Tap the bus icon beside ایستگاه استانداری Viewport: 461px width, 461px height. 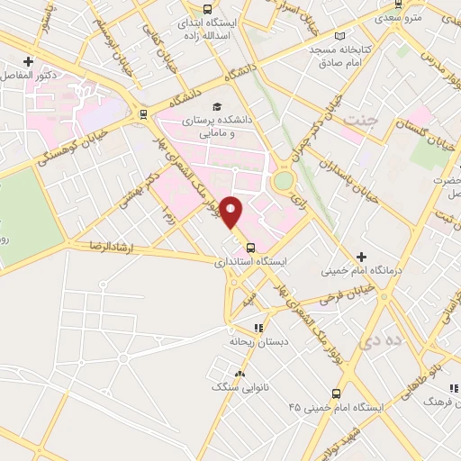point(250,249)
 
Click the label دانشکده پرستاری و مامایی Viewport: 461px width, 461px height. point(208,126)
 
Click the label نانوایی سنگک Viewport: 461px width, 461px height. point(232,387)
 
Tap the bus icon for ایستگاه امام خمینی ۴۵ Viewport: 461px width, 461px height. point(336,393)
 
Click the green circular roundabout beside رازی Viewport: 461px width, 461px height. point(284,181)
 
